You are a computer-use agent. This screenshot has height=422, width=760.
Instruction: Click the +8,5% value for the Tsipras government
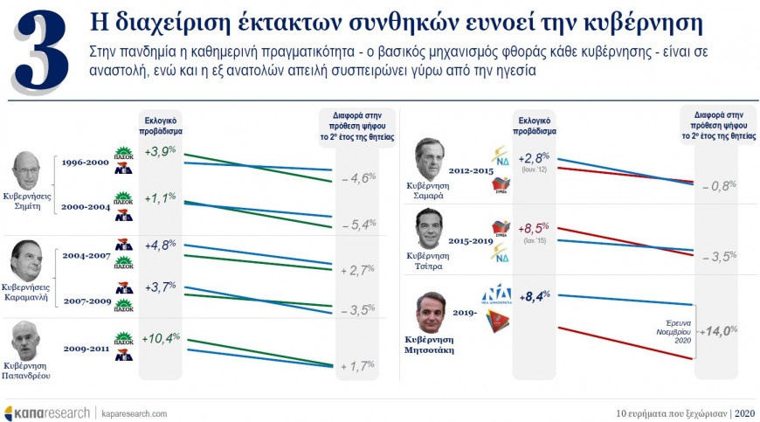(535, 230)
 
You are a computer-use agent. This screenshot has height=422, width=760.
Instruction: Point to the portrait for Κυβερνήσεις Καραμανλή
(27, 259)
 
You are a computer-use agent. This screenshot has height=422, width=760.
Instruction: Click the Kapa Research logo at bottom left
(45, 412)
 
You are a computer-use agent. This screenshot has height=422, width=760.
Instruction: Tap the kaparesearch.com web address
(135, 412)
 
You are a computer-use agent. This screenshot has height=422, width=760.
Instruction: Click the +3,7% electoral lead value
(160, 287)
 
